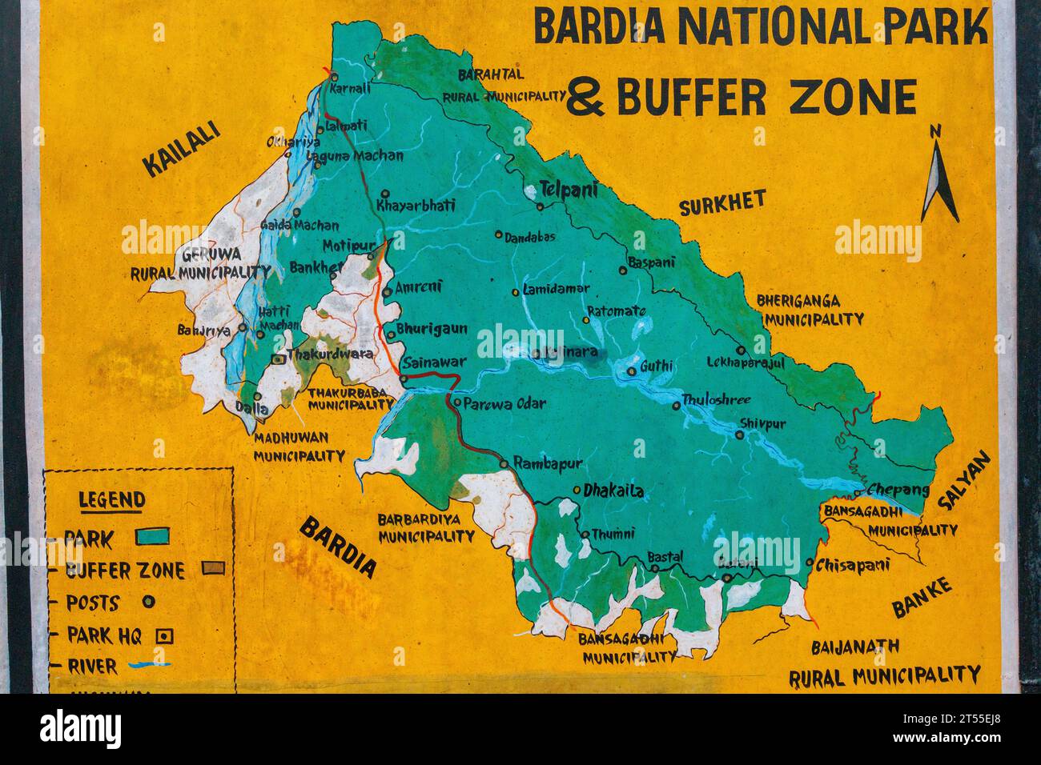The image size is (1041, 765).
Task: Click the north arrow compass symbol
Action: pos(939,176)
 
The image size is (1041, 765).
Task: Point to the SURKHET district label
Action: pos(722,204)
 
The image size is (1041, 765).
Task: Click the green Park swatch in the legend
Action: pos(152,536)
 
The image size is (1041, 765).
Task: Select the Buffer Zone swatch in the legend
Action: pos(212,568)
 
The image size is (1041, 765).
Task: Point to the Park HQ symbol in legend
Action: pos(165,635)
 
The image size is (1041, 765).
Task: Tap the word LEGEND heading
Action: pos(111,501)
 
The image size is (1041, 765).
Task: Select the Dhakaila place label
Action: pos(613,491)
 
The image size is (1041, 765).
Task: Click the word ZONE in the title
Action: pos(853,98)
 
